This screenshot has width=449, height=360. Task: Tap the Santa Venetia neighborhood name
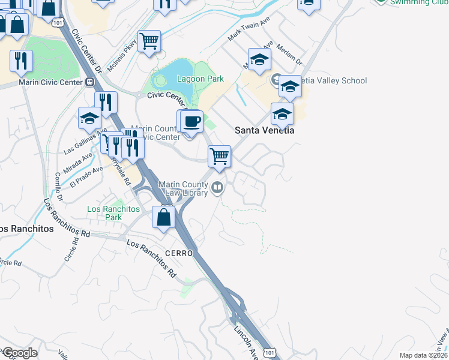click(264, 130)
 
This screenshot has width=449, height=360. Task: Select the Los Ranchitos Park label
click(113, 213)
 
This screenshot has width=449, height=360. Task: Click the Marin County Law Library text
click(183, 188)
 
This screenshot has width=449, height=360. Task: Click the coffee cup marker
click(191, 122)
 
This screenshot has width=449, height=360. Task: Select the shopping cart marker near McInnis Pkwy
click(149, 42)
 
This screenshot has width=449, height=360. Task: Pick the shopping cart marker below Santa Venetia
click(220, 157)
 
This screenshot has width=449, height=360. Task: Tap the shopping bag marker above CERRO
click(164, 217)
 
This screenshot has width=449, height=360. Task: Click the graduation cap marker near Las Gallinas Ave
click(89, 118)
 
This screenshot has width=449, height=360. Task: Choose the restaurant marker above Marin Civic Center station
click(21, 61)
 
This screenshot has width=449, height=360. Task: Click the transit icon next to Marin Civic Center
click(90, 82)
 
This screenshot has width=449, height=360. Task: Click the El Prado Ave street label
click(83, 178)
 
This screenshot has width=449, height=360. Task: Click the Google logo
click(20, 353)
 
